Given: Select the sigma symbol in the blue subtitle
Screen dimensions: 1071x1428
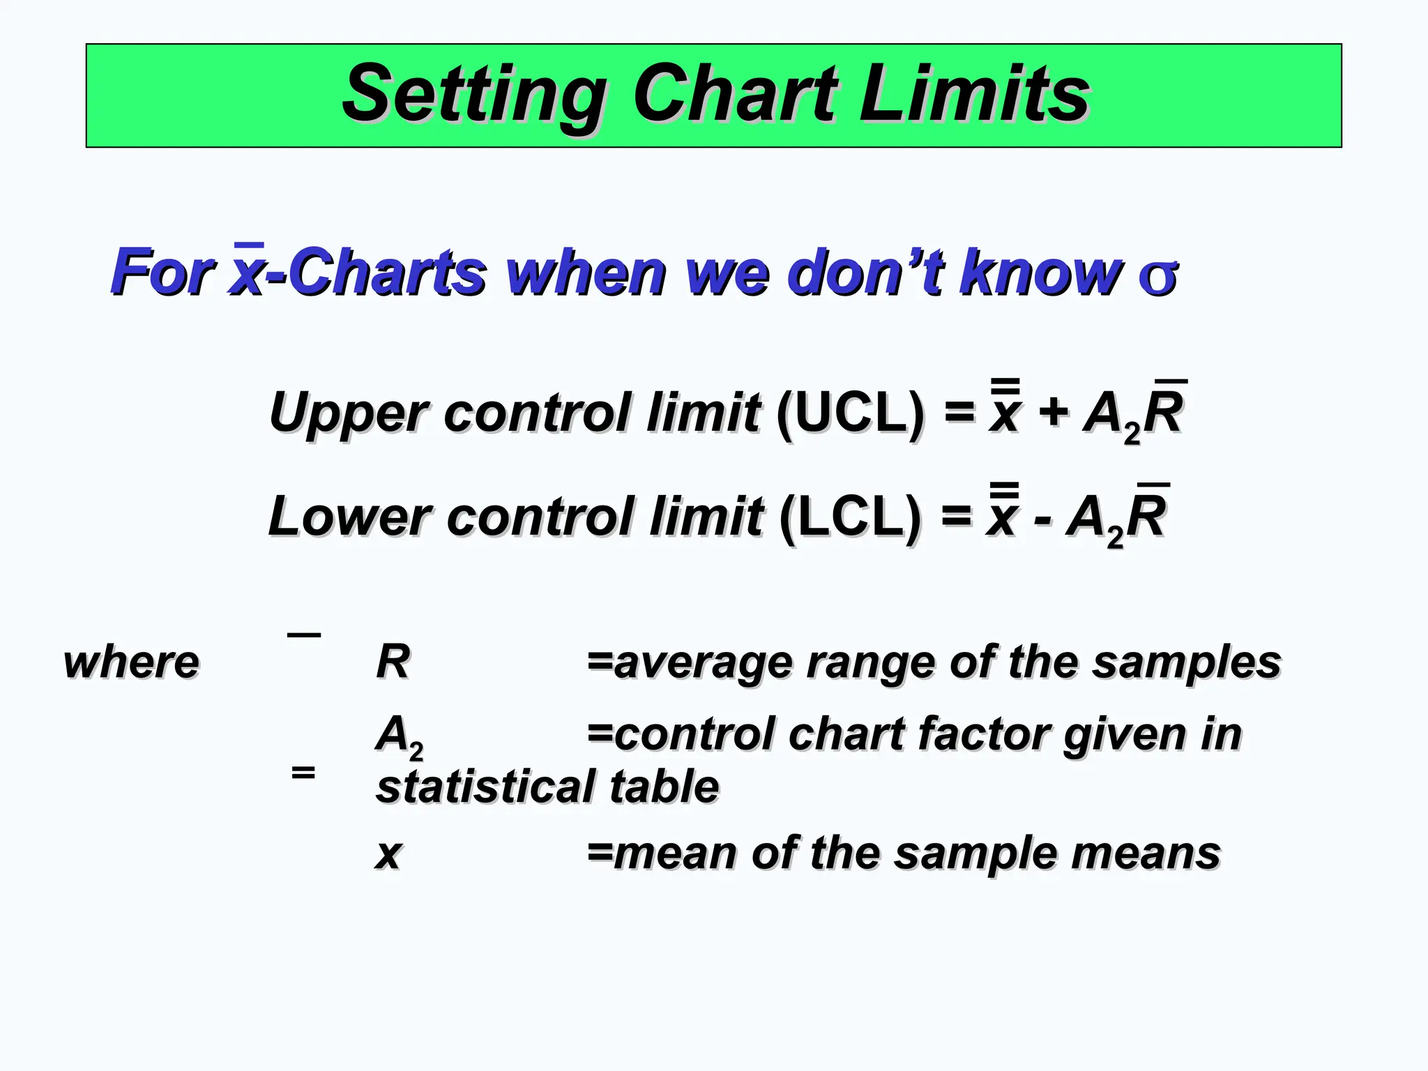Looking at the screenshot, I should [x=1157, y=275].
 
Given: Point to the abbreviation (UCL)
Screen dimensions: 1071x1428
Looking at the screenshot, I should [x=851, y=412].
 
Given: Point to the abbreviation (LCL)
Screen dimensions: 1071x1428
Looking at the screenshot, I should [x=851, y=517].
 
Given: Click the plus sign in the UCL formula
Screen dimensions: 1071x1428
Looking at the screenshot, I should [x=1054, y=411].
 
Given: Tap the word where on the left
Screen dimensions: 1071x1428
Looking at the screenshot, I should [x=131, y=662].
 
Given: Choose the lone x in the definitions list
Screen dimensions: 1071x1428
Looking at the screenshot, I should [x=389, y=853].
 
